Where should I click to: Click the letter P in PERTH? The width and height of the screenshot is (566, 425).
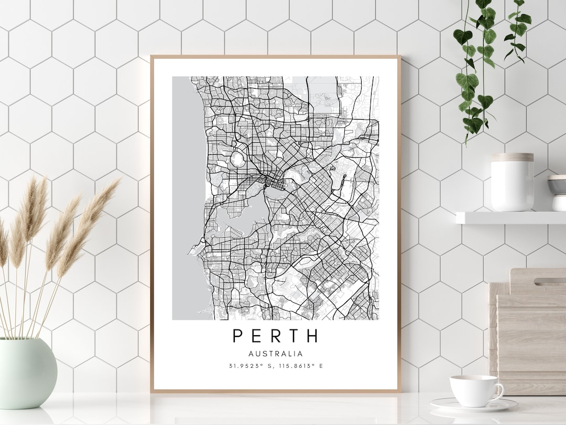238,335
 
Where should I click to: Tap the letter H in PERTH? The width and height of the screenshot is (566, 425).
312,335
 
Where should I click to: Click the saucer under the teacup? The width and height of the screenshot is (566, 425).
474,405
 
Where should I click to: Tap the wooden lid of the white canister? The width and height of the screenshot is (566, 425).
512,157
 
